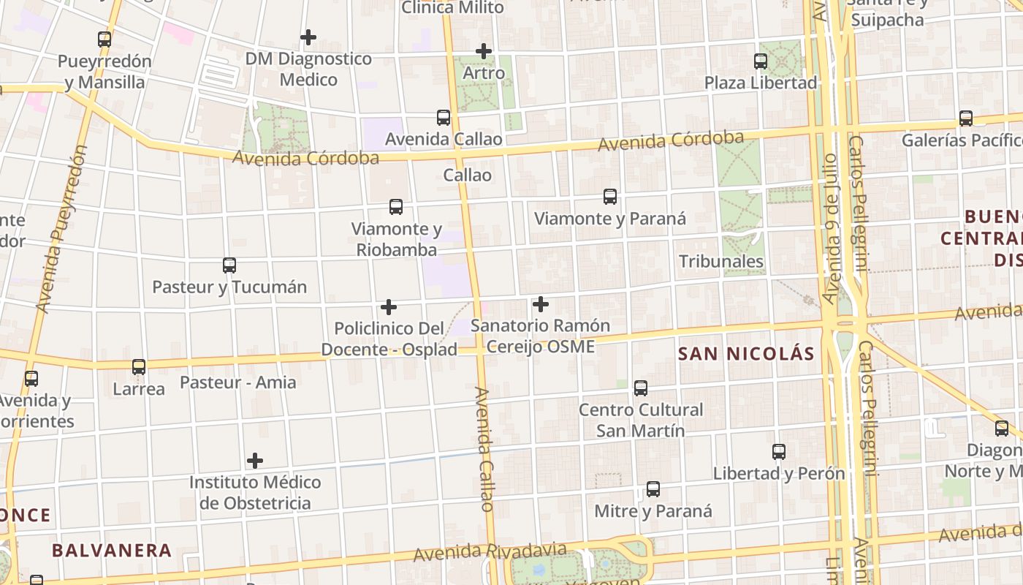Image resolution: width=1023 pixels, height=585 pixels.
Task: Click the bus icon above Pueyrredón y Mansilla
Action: [104, 39]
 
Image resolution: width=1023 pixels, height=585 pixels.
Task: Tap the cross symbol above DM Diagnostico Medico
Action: [308, 37]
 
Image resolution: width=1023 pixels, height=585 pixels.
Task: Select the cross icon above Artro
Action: [483, 51]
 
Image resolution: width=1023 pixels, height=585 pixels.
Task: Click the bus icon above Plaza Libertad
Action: [761, 61]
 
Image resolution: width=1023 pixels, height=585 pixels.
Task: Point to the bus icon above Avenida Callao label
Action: [444, 118]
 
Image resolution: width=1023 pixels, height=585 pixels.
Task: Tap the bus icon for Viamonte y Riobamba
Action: [396, 207]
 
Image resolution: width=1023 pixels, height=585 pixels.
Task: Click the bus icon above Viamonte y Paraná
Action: [610, 197]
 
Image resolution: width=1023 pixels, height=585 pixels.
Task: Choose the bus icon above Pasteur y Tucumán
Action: [229, 265]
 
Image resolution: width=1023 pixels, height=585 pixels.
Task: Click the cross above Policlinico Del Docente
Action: [389, 307]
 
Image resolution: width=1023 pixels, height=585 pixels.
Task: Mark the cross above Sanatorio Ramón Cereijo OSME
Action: [541, 304]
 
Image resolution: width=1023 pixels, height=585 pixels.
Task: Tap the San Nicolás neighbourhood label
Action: [746, 354]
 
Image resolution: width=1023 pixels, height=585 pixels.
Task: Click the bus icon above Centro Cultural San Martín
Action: [641, 388]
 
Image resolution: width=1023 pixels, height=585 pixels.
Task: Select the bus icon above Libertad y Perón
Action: [779, 452]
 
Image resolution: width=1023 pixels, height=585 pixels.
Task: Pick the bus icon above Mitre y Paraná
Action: [653, 489]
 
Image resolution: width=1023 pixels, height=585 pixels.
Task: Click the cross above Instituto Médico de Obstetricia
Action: [255, 461]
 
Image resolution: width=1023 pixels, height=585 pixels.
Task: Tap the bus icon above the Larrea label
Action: [139, 367]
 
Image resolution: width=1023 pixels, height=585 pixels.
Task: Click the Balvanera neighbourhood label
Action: [112, 550]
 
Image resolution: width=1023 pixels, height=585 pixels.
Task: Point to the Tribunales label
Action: [721, 261]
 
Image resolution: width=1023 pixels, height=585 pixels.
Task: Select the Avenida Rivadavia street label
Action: [490, 552]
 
